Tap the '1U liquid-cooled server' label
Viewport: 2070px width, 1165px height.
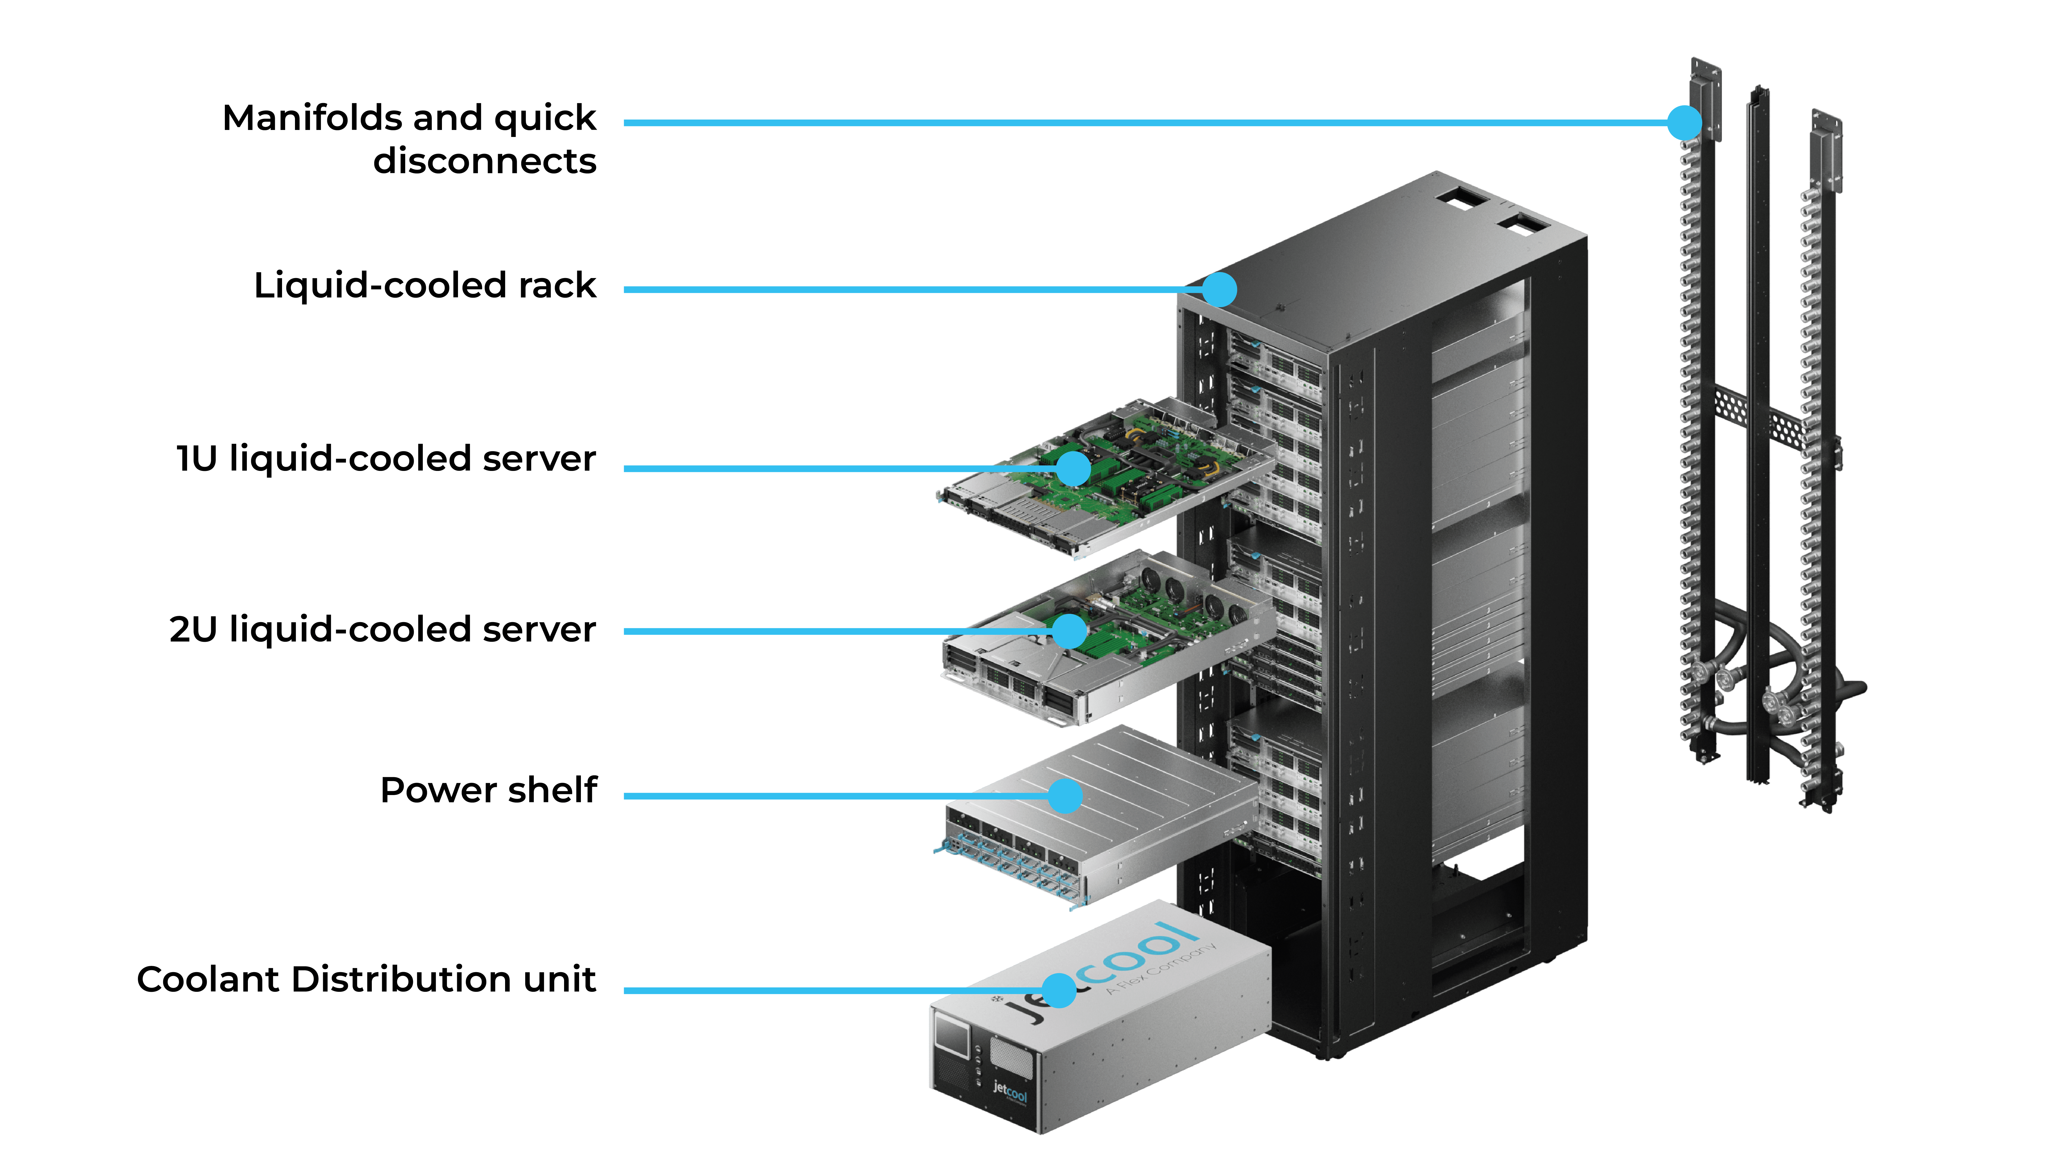click(387, 459)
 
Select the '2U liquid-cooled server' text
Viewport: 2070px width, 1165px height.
click(382, 630)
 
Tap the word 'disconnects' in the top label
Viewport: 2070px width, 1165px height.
click(485, 162)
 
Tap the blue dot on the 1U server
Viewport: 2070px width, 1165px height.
click(1074, 469)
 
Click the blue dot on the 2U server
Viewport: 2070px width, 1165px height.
click(1070, 632)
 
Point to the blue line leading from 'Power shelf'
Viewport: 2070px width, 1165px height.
click(836, 796)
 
